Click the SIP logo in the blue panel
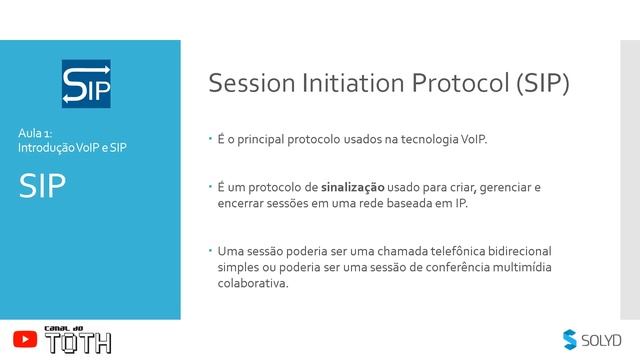86,84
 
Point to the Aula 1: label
42,133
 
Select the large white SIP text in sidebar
43,187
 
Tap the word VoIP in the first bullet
474,138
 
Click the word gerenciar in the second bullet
514,187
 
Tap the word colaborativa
253,283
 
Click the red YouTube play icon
24,340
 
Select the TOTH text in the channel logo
77,344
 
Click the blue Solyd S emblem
570,339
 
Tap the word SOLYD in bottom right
602,340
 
